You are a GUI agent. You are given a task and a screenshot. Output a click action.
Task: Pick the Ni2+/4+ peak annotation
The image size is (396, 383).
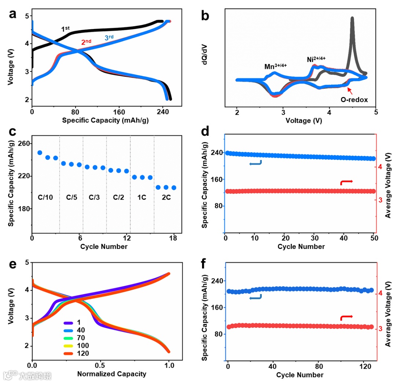point(316,59)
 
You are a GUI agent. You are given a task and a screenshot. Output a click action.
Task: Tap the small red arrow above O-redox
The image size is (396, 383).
point(350,90)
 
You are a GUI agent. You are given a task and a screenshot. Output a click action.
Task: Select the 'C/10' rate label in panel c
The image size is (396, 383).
point(45,197)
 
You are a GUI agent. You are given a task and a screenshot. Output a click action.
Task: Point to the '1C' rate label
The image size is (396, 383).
point(142,197)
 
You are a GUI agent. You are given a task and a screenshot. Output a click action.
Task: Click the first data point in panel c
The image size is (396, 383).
point(40,153)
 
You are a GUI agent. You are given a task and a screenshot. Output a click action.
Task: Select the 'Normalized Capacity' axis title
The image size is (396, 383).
point(111,374)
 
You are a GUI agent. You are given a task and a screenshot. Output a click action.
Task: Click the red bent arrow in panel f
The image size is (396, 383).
point(346,317)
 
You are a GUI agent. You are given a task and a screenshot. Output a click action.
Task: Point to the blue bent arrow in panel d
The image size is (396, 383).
point(256,164)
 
